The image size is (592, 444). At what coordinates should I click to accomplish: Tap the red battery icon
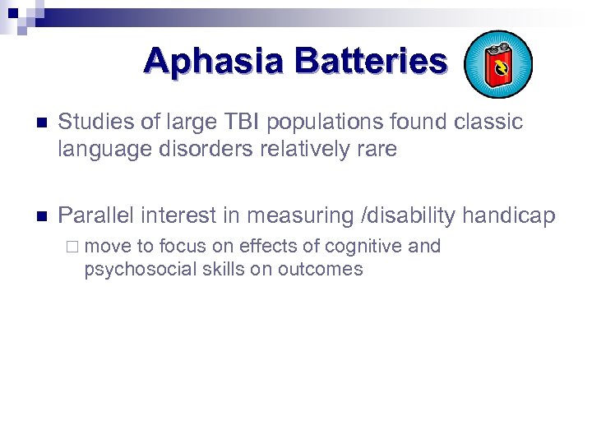point(497,65)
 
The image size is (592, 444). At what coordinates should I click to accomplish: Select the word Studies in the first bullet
point(93,123)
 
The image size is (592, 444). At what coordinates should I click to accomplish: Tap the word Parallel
point(96,216)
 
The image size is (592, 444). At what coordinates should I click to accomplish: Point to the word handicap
point(510,216)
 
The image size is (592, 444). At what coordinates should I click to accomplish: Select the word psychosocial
point(136,270)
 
